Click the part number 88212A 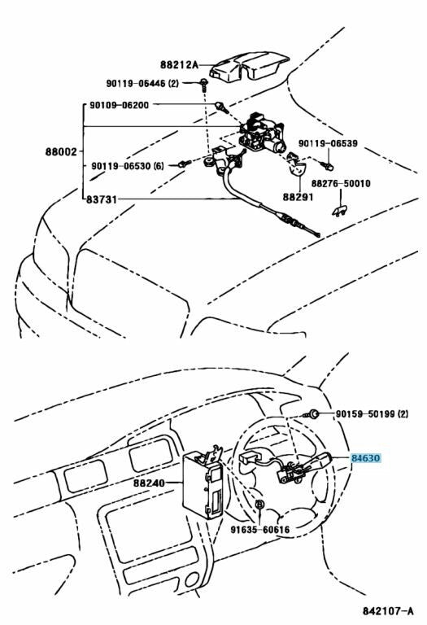[179, 64]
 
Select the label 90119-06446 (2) [142, 83]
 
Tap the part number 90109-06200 [120, 105]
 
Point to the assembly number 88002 [60, 152]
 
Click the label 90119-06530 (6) [128, 166]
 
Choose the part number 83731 [102, 199]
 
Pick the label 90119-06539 [329, 143]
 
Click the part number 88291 [298, 197]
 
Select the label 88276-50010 [341, 183]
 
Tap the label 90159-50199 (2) [372, 413]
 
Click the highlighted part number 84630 [365, 458]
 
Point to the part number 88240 [149, 483]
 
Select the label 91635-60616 [260, 530]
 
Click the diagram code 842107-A [388, 610]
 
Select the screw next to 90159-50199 [312, 414]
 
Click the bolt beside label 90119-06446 [205, 85]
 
